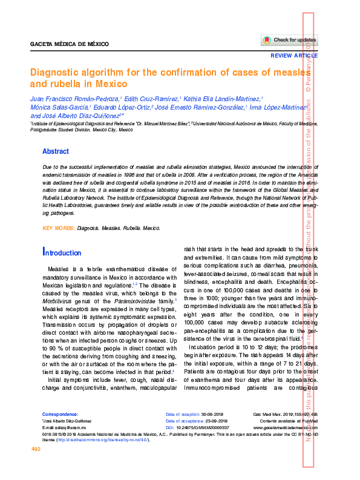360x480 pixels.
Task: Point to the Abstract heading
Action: pos(56,151)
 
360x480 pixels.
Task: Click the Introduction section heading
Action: pos(62,252)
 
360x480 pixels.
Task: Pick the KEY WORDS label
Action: pos(58,228)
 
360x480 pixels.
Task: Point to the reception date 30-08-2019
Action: pos(213,413)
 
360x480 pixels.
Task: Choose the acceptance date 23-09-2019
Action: pos(214,420)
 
